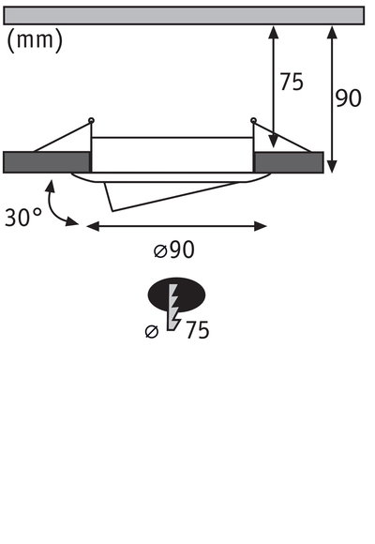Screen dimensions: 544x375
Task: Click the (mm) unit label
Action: click(x=35, y=40)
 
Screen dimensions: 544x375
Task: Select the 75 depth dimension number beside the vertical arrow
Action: click(x=292, y=83)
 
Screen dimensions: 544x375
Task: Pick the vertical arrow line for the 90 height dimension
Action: click(x=333, y=99)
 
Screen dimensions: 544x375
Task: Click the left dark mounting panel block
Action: click(x=47, y=161)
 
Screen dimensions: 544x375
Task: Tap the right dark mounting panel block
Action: click(x=289, y=161)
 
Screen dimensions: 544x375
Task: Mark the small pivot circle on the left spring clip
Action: click(x=91, y=119)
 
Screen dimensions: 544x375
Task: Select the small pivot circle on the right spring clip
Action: click(x=253, y=119)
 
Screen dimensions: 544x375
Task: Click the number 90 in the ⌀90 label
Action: click(x=183, y=249)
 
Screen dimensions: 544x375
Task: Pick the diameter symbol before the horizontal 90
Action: click(x=159, y=250)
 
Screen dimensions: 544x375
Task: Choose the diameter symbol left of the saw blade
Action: click(x=152, y=331)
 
